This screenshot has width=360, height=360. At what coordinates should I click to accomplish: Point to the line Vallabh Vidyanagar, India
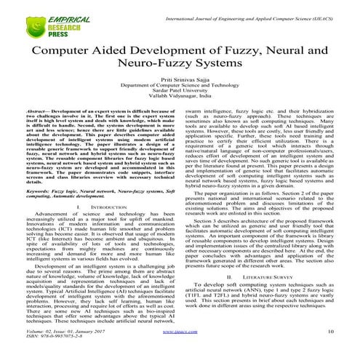(x=179, y=106)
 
